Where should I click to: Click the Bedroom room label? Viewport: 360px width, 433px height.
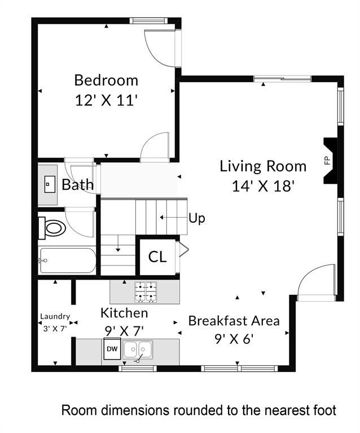click(x=106, y=79)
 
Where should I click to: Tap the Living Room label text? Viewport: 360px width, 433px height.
click(x=262, y=166)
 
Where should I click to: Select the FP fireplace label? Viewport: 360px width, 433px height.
click(x=327, y=160)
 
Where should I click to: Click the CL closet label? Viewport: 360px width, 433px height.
click(x=157, y=257)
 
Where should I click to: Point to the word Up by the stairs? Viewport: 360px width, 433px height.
click(x=196, y=218)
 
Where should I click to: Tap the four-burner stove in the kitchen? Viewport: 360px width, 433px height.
click(x=145, y=291)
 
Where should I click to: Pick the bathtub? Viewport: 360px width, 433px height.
click(x=67, y=260)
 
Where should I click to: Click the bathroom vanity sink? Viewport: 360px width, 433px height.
click(x=49, y=184)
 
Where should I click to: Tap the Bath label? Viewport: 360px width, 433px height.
click(x=77, y=185)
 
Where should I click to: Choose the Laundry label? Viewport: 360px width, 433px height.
click(x=55, y=317)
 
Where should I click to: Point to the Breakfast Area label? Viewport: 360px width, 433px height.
click(x=234, y=321)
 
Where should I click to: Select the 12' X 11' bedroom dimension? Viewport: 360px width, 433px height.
click(x=106, y=100)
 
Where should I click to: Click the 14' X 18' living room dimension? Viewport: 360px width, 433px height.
click(x=263, y=186)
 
